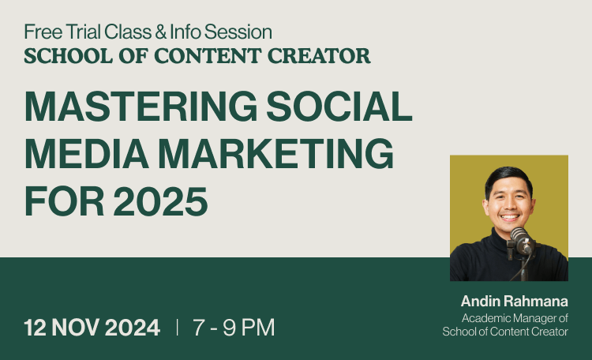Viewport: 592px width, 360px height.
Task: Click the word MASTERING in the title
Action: click(x=141, y=106)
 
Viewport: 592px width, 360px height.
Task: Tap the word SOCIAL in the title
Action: click(x=339, y=106)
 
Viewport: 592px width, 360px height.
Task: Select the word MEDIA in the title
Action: click(x=87, y=153)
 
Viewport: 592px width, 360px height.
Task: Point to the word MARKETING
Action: click(x=276, y=153)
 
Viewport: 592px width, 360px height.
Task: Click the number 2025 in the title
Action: click(x=160, y=201)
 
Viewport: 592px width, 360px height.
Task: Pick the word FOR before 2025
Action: click(x=64, y=201)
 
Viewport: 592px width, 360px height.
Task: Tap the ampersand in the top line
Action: click(x=160, y=32)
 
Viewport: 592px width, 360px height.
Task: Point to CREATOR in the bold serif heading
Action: click(x=319, y=55)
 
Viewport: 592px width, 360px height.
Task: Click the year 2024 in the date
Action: click(x=132, y=327)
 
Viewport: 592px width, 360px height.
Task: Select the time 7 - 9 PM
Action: click(x=234, y=327)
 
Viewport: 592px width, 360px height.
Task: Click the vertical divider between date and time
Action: click(x=177, y=327)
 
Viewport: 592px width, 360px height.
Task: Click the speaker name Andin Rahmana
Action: click(x=514, y=301)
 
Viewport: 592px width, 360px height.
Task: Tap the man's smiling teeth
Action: click(x=510, y=218)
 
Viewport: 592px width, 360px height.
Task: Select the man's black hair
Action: click(x=508, y=178)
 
